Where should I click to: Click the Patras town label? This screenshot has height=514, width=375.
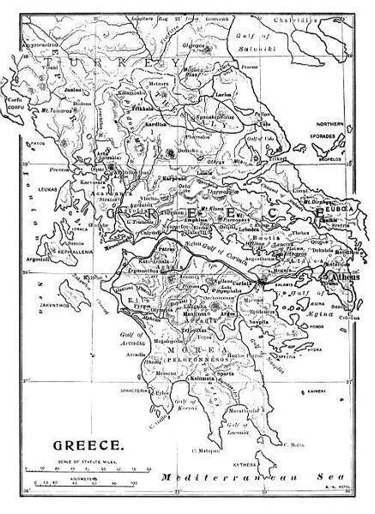click(142, 245)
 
